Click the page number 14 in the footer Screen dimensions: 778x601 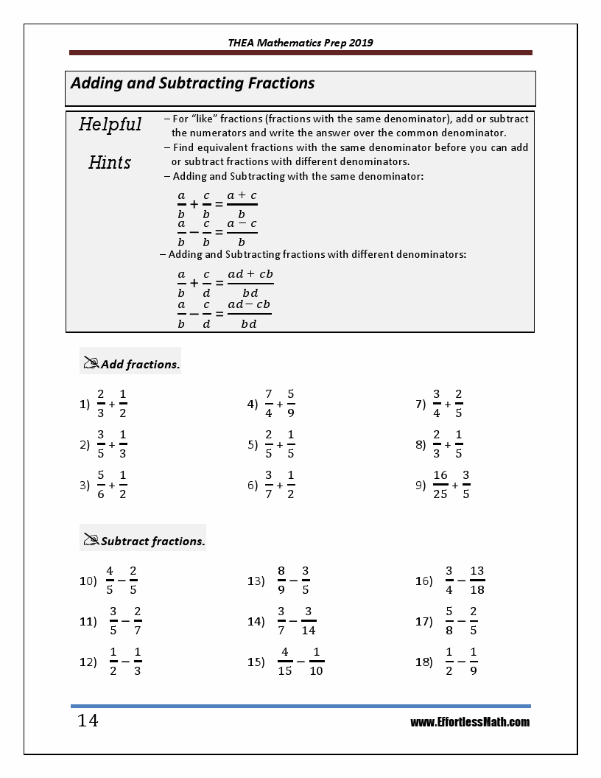(x=88, y=721)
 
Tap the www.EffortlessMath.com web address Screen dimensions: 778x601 (x=470, y=722)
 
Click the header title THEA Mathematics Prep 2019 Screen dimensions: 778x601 (x=300, y=43)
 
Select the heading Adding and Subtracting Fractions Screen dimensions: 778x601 (x=193, y=83)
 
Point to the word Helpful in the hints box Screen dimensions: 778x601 (x=110, y=124)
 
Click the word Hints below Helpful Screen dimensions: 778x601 (x=110, y=162)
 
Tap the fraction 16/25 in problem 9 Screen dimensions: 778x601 (x=440, y=485)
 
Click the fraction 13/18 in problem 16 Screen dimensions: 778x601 (x=477, y=581)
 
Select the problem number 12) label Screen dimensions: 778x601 (x=88, y=662)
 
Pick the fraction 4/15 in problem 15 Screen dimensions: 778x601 (x=284, y=662)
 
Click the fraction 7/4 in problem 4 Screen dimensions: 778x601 (x=269, y=404)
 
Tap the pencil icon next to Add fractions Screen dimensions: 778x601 (x=91, y=363)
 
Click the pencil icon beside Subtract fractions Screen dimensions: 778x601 (x=91, y=540)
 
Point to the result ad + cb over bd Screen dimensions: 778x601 (x=250, y=282)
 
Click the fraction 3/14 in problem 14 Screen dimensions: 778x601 (x=309, y=621)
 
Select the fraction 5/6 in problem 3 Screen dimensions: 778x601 (x=101, y=485)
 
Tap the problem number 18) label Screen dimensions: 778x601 (x=424, y=662)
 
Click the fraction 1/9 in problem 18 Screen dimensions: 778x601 (x=473, y=662)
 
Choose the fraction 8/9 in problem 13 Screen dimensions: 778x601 (x=281, y=581)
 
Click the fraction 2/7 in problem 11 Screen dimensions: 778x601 (x=138, y=621)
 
